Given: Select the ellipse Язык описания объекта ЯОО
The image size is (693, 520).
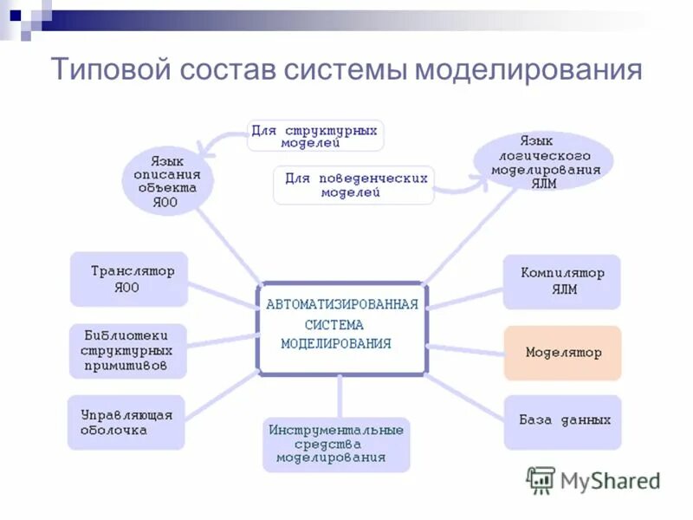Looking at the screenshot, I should pyautogui.click(x=165, y=181).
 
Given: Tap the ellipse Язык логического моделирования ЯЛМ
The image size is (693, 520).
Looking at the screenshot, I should pyautogui.click(x=545, y=161).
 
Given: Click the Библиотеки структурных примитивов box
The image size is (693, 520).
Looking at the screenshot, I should pyautogui.click(x=127, y=351).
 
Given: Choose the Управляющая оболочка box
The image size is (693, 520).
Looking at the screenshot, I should pyautogui.click(x=126, y=422).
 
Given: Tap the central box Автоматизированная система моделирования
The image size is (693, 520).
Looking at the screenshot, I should pyautogui.click(x=341, y=328).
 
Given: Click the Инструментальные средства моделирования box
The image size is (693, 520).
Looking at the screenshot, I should pyautogui.click(x=336, y=444).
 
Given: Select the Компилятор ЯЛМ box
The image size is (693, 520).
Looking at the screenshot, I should pyautogui.click(x=562, y=282).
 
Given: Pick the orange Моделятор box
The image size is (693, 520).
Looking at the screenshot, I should pyautogui.click(x=563, y=353).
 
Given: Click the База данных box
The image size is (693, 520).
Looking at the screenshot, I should pyautogui.click(x=563, y=422).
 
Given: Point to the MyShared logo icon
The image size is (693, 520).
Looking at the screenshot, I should pyautogui.click(x=541, y=479).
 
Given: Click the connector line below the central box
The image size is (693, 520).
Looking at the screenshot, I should pyautogui.click(x=340, y=396).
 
